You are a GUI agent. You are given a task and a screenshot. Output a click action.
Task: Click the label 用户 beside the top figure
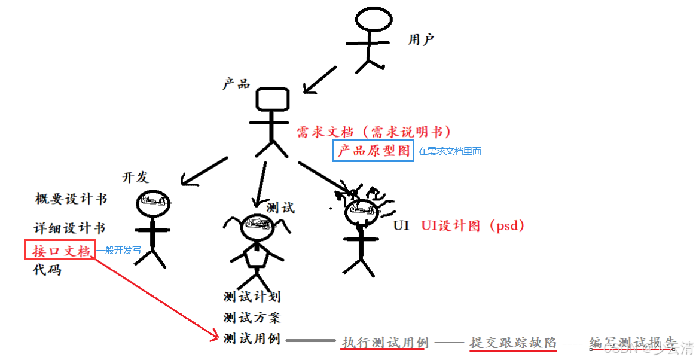point(421,40)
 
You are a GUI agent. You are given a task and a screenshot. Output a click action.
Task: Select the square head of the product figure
point(273,99)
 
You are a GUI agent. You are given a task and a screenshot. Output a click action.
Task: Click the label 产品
point(236,84)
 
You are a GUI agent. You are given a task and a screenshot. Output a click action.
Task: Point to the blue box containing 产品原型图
point(373,151)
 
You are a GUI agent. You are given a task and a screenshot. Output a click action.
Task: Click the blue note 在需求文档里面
point(450,151)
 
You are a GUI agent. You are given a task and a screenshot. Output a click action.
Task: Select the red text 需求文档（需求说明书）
point(374,132)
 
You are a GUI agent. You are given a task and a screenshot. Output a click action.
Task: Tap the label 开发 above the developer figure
point(135,177)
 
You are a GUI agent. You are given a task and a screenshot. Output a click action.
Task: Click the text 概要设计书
point(71,199)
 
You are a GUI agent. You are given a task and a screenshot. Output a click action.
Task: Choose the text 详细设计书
point(69,228)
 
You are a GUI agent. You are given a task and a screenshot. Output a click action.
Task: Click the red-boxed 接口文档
point(60,250)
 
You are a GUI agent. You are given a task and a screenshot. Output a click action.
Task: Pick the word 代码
point(47,270)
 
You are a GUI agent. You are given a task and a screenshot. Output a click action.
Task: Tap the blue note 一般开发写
point(118,251)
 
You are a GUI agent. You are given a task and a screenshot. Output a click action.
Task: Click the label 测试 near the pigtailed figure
point(280,208)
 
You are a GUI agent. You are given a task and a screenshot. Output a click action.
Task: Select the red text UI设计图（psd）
point(472,225)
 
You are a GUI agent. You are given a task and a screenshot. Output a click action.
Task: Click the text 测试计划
point(252,296)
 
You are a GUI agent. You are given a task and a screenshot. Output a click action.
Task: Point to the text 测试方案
point(252,317)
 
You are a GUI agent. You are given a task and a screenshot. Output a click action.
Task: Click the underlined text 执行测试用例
point(385,343)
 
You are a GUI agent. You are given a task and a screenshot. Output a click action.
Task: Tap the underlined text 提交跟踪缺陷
point(513,343)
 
